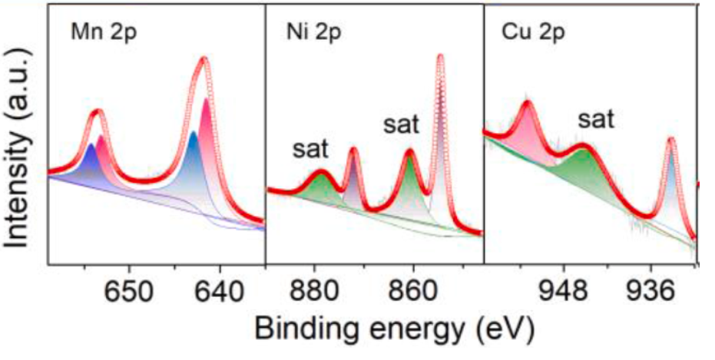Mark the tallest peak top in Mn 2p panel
(204, 59)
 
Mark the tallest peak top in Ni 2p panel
(440, 55)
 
